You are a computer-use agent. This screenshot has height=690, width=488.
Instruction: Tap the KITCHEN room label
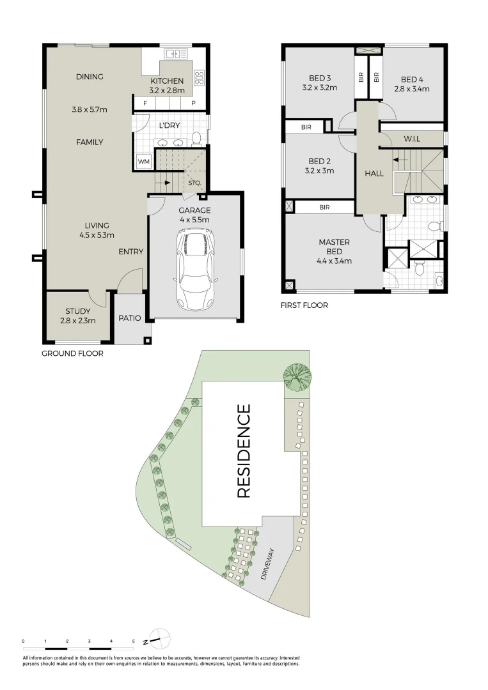tap(167, 81)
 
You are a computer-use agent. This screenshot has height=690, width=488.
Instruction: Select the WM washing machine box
tap(143, 162)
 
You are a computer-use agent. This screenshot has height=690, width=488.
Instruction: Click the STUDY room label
tap(77, 312)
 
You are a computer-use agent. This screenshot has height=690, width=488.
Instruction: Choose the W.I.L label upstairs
tap(411, 139)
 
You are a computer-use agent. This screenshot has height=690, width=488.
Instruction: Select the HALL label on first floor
tap(374, 173)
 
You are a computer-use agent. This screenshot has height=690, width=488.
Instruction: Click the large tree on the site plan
tap(297, 376)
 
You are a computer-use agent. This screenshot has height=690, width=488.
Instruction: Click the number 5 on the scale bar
tap(133, 640)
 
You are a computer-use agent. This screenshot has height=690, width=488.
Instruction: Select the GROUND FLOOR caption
tap(72, 353)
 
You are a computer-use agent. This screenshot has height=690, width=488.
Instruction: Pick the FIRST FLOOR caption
tap(304, 305)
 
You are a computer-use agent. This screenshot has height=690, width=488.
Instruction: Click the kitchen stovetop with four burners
tap(199, 78)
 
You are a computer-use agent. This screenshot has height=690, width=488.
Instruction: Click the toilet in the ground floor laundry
tap(196, 138)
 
